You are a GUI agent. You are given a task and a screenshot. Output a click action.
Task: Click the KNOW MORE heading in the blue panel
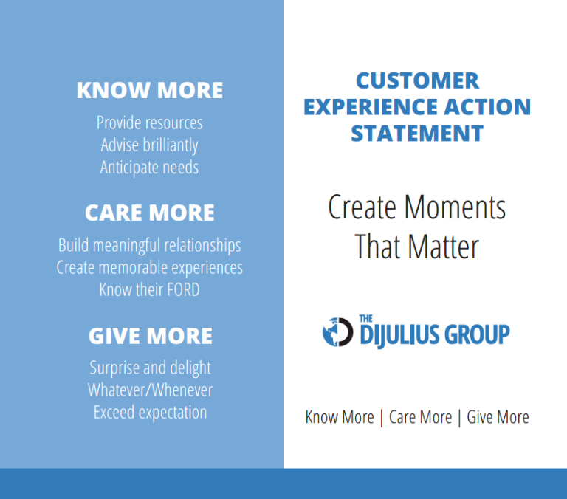(149, 90)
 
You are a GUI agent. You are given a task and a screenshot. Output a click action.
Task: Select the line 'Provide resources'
(149, 123)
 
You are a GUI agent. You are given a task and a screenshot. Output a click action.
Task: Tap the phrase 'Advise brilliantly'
(149, 145)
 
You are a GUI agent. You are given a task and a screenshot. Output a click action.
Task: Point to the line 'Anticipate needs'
(149, 168)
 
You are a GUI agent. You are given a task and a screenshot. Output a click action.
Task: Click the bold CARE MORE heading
(149, 213)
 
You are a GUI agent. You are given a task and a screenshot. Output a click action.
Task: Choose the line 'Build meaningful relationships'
(149, 245)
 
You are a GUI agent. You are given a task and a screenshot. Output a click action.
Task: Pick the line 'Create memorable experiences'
(149, 267)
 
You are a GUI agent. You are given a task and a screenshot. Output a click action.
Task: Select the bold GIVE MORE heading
(150, 336)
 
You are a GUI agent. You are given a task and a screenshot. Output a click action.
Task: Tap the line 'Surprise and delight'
(150, 368)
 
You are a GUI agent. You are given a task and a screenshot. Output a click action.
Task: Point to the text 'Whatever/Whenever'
(150, 390)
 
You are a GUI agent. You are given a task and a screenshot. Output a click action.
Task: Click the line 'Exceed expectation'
(150, 412)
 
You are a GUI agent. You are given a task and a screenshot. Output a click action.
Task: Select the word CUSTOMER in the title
(417, 80)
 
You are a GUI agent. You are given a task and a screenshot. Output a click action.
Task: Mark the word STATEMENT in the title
(417, 134)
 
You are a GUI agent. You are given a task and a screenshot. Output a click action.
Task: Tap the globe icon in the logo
(337, 332)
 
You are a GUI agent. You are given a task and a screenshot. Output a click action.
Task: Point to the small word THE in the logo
(365, 319)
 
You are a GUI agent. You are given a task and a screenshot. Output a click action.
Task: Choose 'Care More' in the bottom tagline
(420, 417)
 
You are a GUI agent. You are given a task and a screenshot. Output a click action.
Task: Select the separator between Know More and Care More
(381, 417)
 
